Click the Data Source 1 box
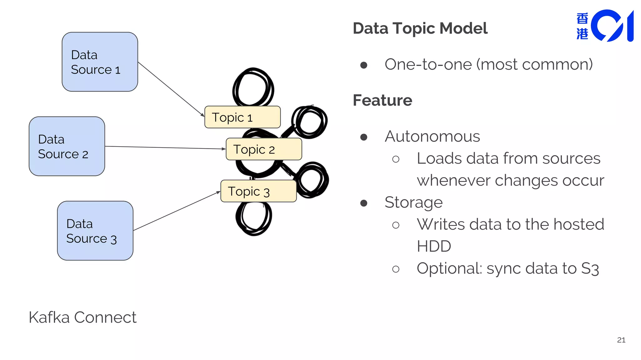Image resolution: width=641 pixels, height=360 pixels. point(100,62)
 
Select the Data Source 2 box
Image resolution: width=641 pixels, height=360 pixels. point(67,146)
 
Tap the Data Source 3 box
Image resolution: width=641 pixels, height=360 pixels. point(95,231)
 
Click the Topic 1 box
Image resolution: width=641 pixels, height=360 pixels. point(242,117)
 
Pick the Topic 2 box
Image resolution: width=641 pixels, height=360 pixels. point(264,149)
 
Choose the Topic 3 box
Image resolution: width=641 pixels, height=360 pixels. point(258,191)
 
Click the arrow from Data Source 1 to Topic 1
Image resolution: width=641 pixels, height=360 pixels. point(171,89)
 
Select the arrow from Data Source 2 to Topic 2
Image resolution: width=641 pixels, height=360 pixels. point(165,147)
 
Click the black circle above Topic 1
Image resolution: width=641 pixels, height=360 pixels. point(253,87)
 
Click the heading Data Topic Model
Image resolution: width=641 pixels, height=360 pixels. point(420,28)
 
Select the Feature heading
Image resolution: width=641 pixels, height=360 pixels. point(382,100)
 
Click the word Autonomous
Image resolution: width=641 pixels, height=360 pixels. point(432,137)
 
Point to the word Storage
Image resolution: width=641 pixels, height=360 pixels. point(413,202)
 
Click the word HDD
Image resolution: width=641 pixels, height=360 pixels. point(433,246)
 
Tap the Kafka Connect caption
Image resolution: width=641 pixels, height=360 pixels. point(82,317)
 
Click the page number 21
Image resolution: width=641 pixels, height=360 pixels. point(621,340)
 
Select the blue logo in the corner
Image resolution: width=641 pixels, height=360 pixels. point(606,26)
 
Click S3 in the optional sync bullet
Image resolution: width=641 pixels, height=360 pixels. point(590,269)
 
